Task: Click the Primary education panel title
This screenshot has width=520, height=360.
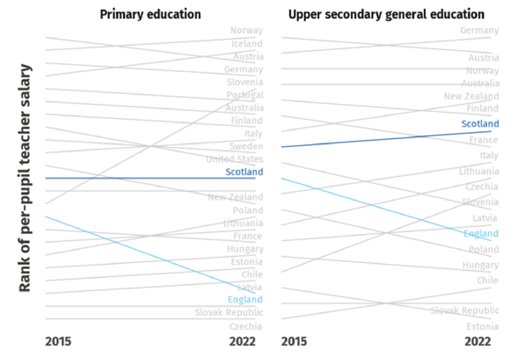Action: point(150,14)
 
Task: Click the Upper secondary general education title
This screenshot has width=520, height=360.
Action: point(386,14)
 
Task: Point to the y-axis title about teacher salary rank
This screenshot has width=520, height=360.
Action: point(25,178)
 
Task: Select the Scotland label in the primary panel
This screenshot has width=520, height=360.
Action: point(244,172)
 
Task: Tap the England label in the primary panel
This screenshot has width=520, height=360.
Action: point(245,300)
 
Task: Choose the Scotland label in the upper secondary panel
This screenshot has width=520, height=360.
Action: point(480,123)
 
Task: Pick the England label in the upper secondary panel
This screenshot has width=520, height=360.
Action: point(481,234)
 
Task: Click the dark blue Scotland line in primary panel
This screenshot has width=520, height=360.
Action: point(130,178)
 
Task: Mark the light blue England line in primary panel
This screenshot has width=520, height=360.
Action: point(130,250)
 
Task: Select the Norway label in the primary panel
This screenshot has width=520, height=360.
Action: point(246,31)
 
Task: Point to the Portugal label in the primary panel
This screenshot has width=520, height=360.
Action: point(244,95)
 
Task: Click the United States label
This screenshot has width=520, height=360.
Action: point(234,159)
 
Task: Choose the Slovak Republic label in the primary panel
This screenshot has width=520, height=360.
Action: point(229,313)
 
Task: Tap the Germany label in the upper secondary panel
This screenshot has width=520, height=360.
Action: point(479,31)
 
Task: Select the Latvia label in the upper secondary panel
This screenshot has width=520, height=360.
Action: point(485,218)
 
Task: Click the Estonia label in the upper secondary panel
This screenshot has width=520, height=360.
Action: point(482,327)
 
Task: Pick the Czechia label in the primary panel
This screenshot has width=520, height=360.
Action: point(246,327)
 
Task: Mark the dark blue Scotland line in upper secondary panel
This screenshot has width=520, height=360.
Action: point(390,139)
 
